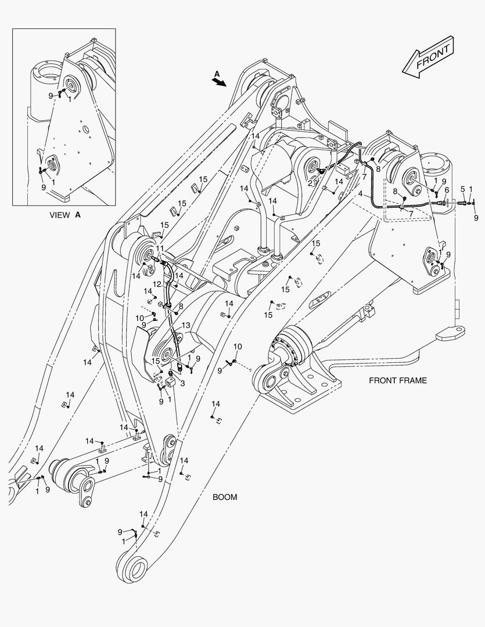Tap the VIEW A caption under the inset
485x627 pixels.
click(65, 214)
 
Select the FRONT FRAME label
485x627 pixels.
click(397, 381)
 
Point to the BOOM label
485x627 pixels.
click(224, 497)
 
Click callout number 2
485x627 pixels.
click(311, 182)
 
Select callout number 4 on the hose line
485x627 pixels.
click(361, 193)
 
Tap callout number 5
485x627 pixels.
click(463, 189)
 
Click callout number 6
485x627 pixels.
click(447, 189)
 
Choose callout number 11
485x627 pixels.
click(159, 248)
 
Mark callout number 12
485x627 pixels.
click(157, 284)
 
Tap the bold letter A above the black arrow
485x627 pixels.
click(217, 74)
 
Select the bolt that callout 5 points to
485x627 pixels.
click(462, 203)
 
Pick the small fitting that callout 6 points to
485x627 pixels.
click(444, 203)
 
